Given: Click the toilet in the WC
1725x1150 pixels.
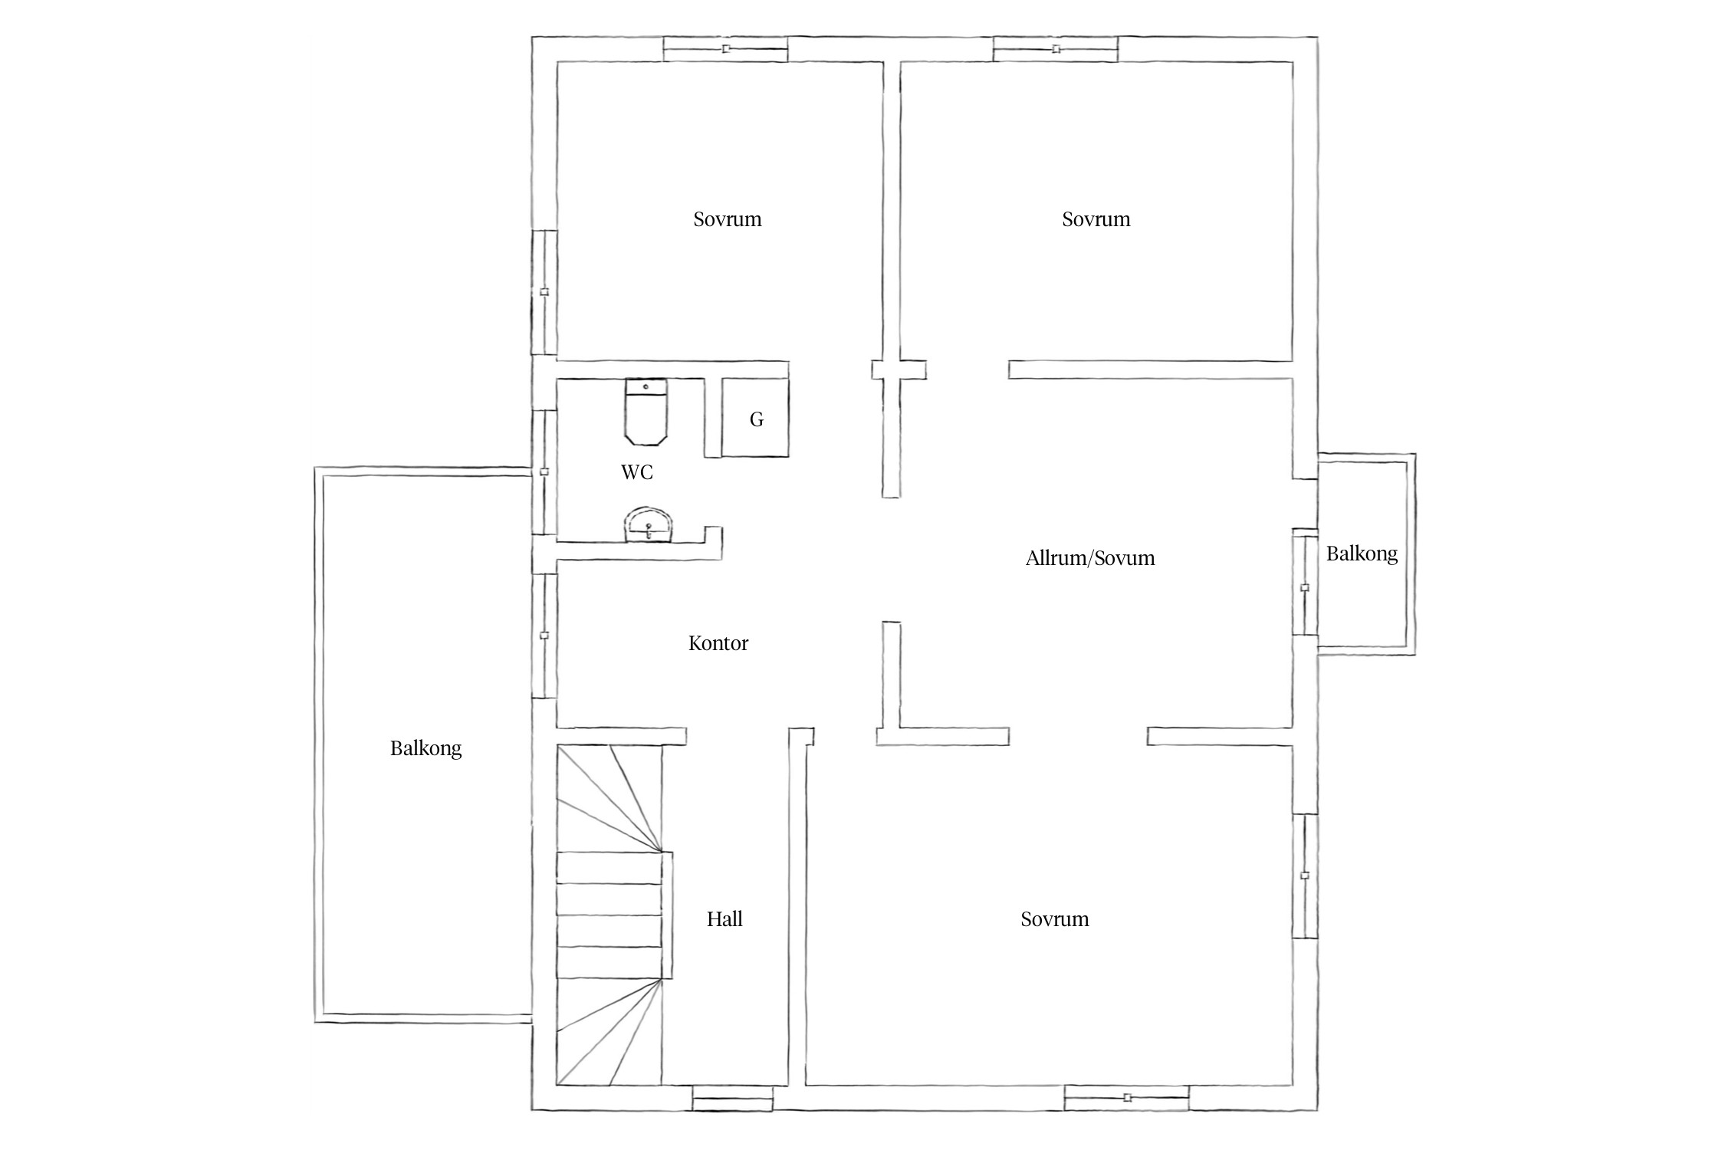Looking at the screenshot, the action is click(646, 411).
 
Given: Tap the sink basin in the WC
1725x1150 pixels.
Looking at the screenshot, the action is click(649, 525).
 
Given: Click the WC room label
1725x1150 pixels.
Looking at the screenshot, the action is click(637, 472).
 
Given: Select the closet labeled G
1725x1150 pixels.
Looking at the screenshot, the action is click(755, 418).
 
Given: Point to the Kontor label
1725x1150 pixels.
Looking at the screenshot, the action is click(718, 643).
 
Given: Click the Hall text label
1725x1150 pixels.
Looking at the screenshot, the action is click(724, 919).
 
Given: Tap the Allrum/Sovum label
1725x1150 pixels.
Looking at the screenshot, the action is click(1090, 558).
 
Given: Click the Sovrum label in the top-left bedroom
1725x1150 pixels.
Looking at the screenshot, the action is click(728, 219).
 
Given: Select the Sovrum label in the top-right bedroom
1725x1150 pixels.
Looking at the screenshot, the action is click(1096, 219).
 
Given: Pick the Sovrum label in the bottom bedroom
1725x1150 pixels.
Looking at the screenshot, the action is click(1055, 919).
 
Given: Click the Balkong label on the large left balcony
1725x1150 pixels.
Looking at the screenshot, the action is click(426, 748).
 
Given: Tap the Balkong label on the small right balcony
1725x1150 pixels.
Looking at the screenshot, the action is click(1362, 554).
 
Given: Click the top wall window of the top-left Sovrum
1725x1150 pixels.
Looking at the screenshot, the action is click(725, 49).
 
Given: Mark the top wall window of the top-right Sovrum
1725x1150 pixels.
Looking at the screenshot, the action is click(1056, 49).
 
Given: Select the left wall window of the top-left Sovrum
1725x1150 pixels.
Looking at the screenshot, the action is click(544, 292).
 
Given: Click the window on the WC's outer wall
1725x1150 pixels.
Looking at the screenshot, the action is click(544, 472).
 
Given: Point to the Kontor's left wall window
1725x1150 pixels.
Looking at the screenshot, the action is click(544, 636).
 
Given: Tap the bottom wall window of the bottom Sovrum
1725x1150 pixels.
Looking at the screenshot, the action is click(1127, 1098).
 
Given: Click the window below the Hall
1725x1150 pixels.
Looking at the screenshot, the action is click(733, 1098).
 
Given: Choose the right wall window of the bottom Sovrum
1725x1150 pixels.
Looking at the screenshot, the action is click(1305, 876).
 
